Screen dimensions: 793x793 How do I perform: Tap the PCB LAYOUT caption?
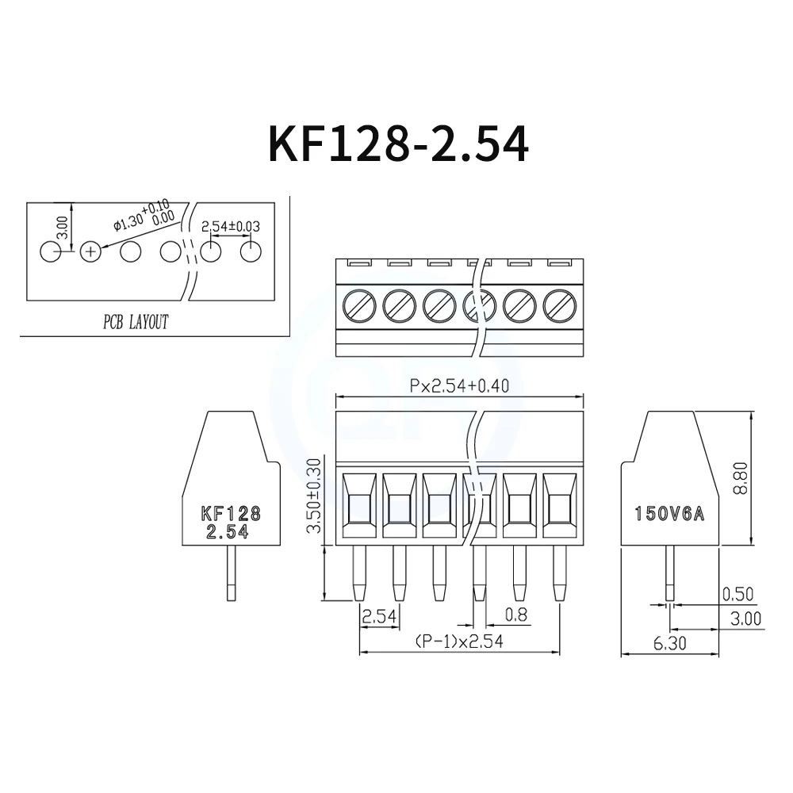[x=136, y=322]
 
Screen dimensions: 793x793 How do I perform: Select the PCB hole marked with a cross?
[x=91, y=252]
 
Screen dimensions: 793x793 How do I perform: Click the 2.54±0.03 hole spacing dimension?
[x=231, y=226]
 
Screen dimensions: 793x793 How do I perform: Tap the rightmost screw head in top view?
[x=559, y=304]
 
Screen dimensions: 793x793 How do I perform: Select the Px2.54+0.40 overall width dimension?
[x=459, y=386]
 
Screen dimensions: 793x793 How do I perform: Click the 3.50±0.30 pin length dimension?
[x=313, y=496]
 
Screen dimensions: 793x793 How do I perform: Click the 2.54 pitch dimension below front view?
[x=379, y=616]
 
